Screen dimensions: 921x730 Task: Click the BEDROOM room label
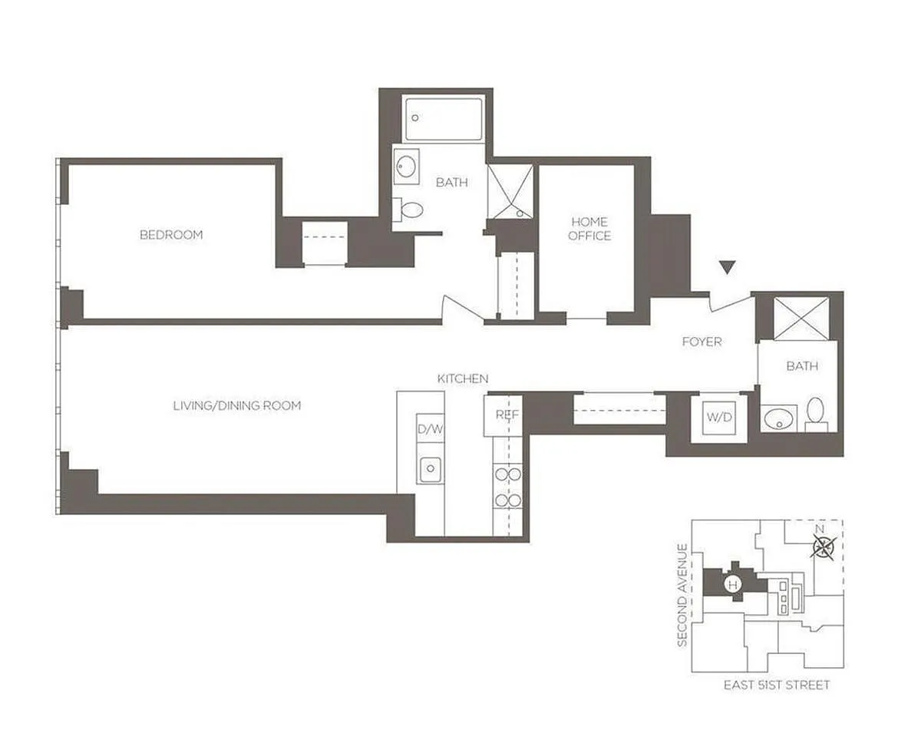pos(171,235)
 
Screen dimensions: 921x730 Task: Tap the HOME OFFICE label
pos(589,229)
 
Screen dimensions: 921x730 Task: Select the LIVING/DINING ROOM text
pos(236,405)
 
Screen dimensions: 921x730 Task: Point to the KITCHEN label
pos(463,378)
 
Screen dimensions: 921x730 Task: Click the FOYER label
pos(701,342)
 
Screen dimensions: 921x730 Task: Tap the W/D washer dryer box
pos(719,418)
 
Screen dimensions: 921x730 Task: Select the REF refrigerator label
pos(507,415)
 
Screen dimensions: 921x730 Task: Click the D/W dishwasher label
pos(430,428)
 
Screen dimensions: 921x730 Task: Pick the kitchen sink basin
pos(430,469)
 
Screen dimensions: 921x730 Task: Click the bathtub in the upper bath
pos(444,120)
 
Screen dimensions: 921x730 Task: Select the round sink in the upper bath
pos(406,167)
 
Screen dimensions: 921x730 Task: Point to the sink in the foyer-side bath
pos(778,418)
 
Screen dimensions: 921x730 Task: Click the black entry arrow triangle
pos(727,268)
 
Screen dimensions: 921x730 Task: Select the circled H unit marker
pos(733,584)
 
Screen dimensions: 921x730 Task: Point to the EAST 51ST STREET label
pos(777,685)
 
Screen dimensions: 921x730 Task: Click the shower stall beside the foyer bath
pos(801,319)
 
